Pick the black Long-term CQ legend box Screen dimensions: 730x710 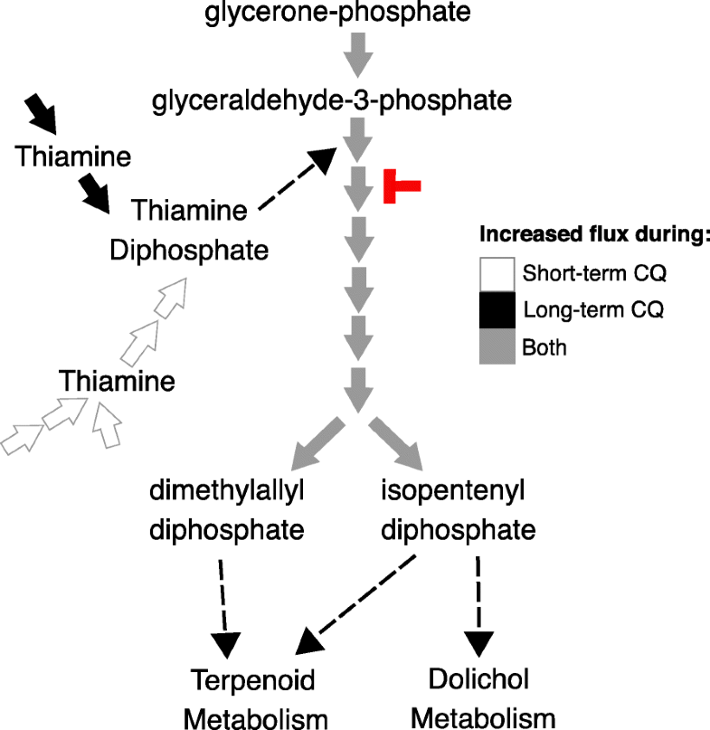(497, 309)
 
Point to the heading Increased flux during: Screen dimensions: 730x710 (593, 237)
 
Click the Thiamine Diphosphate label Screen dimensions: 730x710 (190, 230)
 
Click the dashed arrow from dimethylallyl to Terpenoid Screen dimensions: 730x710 (224, 611)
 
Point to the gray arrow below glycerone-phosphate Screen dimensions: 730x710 (359, 55)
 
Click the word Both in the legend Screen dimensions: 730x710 (544, 346)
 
